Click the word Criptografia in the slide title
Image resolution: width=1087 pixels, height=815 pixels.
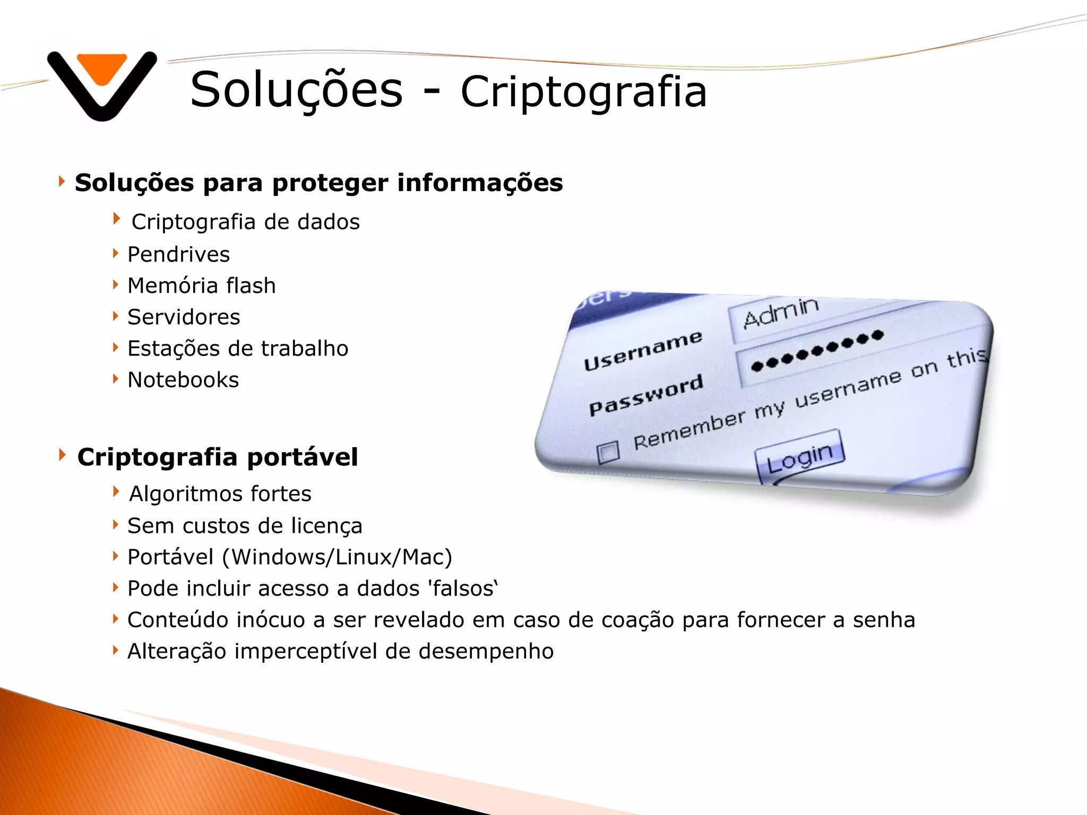coord(583,92)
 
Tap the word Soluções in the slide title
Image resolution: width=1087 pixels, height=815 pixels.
coord(296,89)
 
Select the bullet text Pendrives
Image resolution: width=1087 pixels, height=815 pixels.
coord(179,255)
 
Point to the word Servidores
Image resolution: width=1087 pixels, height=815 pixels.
coord(184,317)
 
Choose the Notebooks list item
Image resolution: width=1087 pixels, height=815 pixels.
coord(183,380)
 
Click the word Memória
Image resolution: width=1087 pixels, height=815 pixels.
coord(172,286)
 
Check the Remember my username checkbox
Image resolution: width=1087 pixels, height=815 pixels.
coord(608,452)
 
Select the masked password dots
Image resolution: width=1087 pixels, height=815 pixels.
coord(817,350)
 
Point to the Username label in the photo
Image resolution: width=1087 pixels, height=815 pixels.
coord(643,350)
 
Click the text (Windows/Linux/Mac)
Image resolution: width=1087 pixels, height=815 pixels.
coord(337,557)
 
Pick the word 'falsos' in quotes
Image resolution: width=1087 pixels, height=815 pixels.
coord(462,588)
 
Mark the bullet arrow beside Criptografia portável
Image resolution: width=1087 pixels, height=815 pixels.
coord(62,455)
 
